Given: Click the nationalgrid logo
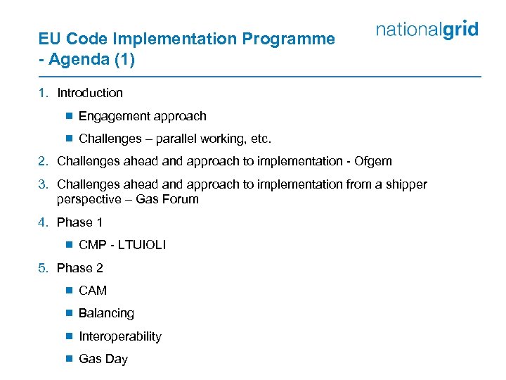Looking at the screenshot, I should (427, 30).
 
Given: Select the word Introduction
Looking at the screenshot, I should (90, 93).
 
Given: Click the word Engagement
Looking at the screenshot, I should (111, 116).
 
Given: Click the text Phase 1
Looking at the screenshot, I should (79, 222).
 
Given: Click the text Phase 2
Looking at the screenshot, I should (79, 268).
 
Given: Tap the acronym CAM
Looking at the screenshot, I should (93, 291).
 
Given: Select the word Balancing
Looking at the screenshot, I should (106, 313).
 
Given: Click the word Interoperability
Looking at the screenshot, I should (120, 336).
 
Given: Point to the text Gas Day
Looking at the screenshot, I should (103, 359).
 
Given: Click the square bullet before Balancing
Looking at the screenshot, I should (69, 313).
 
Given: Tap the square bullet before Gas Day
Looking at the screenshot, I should (69, 359).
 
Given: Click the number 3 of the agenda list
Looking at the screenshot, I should (43, 184).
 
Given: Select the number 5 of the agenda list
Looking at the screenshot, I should (43, 268).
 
